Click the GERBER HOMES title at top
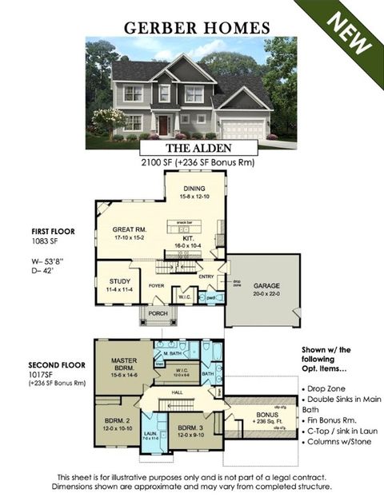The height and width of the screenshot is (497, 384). [196, 27]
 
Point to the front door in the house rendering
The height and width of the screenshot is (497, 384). [163, 125]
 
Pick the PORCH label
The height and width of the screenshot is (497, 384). [158, 313]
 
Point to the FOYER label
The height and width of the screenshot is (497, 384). [156, 284]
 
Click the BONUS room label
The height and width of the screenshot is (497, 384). [267, 415]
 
